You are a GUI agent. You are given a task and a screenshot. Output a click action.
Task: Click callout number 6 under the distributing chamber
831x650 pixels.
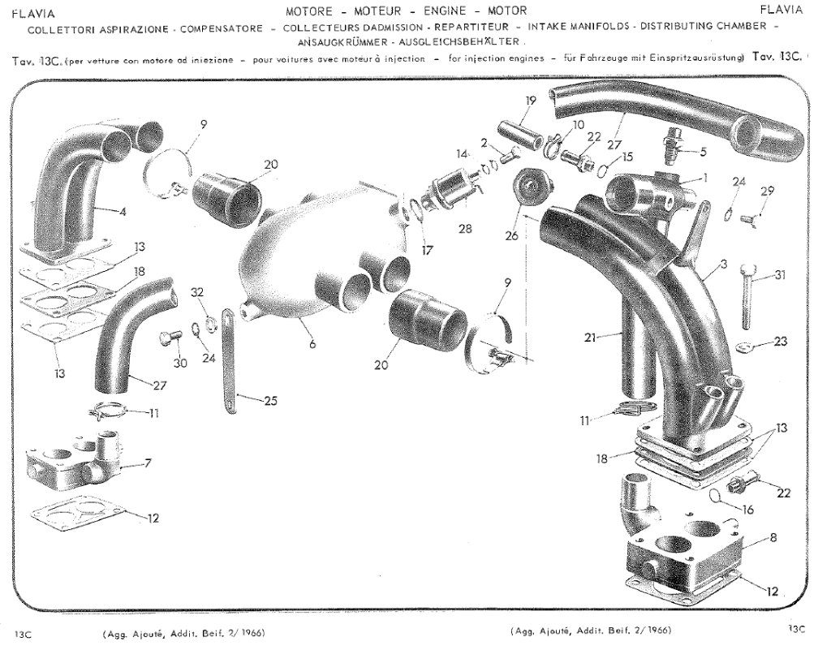(x=312, y=344)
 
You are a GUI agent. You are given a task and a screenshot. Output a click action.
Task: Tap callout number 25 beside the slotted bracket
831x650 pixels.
(x=271, y=401)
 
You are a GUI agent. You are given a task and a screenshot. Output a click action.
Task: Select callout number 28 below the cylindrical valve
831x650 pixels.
(x=465, y=229)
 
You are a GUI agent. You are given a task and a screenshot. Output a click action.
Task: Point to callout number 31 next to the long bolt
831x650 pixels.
(x=780, y=275)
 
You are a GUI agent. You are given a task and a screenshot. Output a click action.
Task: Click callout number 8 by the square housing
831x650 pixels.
(x=773, y=538)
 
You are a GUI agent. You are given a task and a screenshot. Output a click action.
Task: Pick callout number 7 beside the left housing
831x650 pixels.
(x=148, y=463)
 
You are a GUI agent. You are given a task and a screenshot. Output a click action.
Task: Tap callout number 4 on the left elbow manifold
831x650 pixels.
(x=123, y=213)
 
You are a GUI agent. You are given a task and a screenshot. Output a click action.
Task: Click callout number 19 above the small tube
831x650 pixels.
(x=531, y=101)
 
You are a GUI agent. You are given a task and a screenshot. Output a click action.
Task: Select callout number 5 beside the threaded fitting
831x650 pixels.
(x=704, y=153)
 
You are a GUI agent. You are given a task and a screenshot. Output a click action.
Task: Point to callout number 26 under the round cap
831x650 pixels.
(x=511, y=235)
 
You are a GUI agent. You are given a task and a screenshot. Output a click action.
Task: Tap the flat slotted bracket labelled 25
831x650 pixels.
(x=230, y=361)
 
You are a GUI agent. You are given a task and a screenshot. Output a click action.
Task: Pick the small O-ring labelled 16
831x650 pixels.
(x=715, y=496)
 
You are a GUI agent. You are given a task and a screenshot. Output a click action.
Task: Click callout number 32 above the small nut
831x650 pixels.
(x=197, y=292)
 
